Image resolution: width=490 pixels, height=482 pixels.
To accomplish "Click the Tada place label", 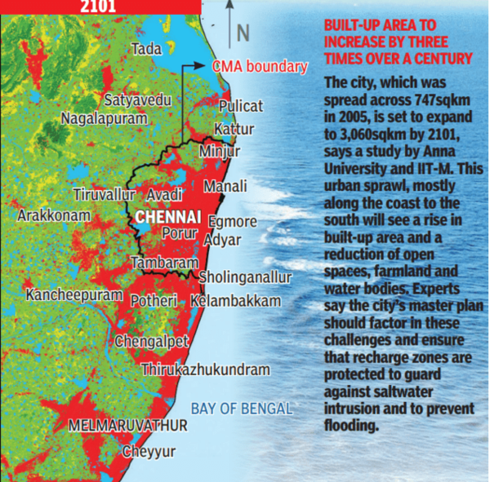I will (x=147, y=50).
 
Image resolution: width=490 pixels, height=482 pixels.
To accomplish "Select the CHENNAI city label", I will (x=169, y=217).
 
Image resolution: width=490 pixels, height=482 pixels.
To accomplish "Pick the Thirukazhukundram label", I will (x=205, y=369).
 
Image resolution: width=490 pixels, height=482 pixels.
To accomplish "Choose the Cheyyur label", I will (x=149, y=451).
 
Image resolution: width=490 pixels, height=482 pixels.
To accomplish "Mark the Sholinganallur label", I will (x=246, y=277).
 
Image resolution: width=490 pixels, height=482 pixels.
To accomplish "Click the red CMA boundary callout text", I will (x=260, y=67).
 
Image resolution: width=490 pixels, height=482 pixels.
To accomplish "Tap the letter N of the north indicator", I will (x=242, y=33).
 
